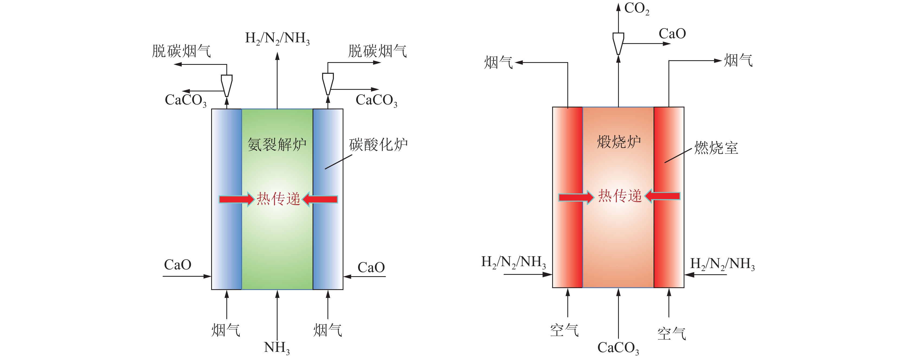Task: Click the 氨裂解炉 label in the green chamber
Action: pos(277,144)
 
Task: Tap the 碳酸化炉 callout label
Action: pos(378,144)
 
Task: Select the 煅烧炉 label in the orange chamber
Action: pos(619,142)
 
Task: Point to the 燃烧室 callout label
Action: pos(716,148)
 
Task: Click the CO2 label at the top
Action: pos(636,8)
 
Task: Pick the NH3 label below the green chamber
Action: pos(277,348)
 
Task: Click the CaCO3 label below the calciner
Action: pos(618,348)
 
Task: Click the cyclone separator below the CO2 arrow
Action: pos(618,44)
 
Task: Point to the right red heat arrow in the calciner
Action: pos(662,196)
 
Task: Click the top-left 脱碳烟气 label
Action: pos(181,51)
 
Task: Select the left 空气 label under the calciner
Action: pos(564,330)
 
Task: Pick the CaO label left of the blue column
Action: pos(178,265)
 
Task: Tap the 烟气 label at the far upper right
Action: pos(738,60)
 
